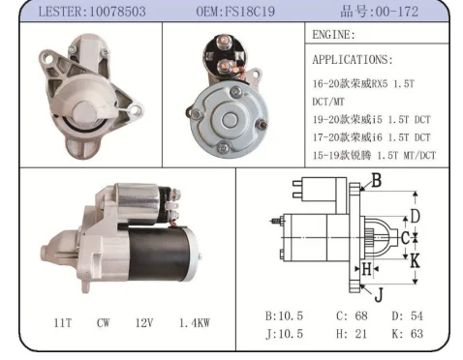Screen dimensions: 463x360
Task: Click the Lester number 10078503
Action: [117, 12]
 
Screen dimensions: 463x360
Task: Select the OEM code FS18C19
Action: [250, 12]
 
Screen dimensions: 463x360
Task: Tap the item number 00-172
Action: [397, 12]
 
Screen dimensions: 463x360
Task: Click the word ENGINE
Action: [331, 35]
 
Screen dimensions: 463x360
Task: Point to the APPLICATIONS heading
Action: [351, 60]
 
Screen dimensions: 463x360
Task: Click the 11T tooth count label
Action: [63, 322]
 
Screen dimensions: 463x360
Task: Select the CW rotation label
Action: [103, 322]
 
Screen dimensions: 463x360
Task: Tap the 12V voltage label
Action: [144, 322]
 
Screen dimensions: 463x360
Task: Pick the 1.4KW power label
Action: [195, 322]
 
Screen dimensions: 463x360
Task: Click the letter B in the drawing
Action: [377, 180]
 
